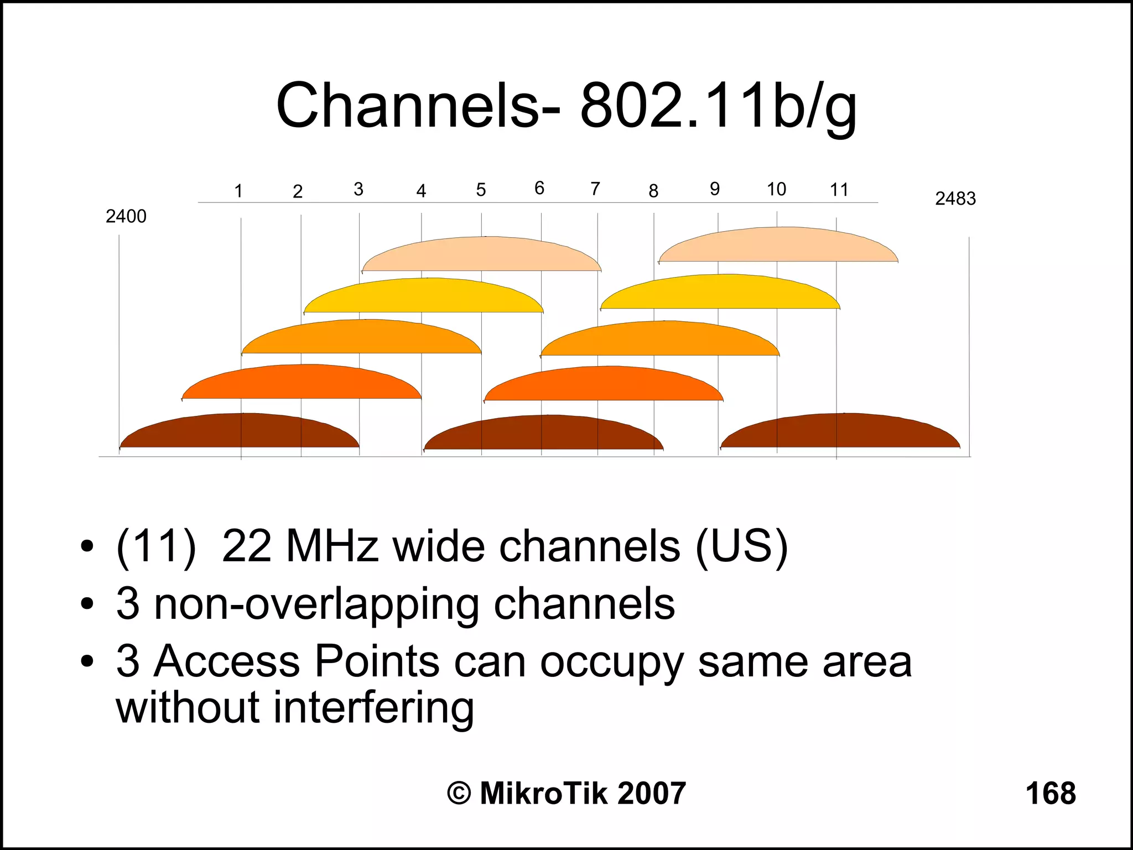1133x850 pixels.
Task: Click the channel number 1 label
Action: pos(238,191)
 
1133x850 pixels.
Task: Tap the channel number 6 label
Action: pos(539,189)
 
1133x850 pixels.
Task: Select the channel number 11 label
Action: pos(839,190)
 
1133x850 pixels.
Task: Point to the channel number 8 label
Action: pos(653,191)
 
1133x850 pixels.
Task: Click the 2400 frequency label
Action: pos(126,216)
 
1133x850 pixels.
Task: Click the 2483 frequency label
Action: pos(955,199)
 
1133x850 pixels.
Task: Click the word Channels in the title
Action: pos(407,105)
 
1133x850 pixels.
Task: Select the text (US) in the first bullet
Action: pos(741,547)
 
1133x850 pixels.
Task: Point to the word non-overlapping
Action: pos(316,604)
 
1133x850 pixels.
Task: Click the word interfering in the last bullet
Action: pos(373,708)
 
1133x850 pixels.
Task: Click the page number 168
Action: pos(1050,793)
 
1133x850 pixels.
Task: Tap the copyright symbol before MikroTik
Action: pos(459,794)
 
